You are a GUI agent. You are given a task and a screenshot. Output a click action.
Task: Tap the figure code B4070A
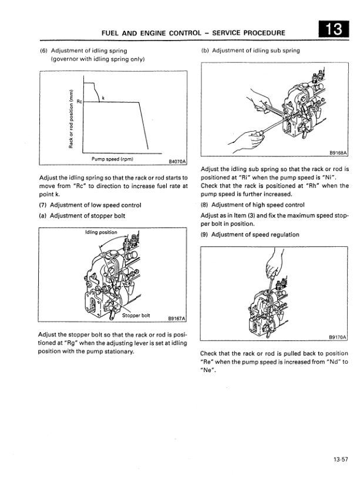(x=176, y=160)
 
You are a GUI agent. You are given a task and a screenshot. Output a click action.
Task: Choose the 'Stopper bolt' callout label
(x=136, y=315)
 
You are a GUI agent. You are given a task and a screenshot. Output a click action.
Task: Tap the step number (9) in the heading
(x=205, y=235)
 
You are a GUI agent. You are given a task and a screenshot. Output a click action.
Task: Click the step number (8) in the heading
(x=205, y=205)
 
